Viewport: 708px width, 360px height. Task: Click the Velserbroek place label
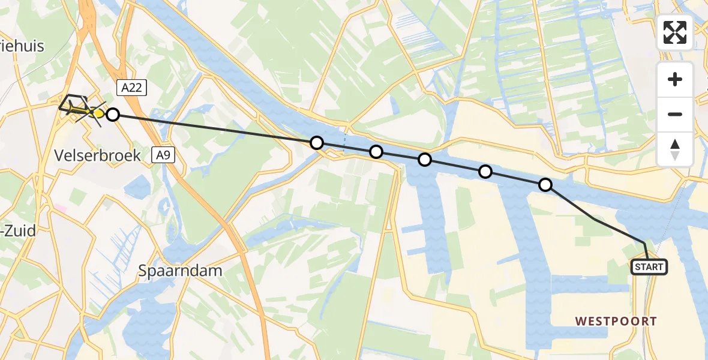pos(97,155)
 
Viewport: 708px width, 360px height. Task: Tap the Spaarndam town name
pos(181,271)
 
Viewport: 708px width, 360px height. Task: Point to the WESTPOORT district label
pos(616,322)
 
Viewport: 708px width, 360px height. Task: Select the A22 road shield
pos(131,88)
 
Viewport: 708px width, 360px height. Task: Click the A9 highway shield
pos(164,155)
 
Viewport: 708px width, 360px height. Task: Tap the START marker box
pos(649,266)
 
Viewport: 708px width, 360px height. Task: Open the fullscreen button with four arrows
pos(675,32)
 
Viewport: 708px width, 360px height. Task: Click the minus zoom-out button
pos(675,114)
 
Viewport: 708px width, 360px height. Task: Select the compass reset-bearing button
pos(675,149)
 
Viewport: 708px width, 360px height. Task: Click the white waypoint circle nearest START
pos(545,185)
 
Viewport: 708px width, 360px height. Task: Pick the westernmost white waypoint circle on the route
pos(113,114)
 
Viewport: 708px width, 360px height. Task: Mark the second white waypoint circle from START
pos(485,172)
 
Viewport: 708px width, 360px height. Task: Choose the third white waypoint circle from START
pos(425,160)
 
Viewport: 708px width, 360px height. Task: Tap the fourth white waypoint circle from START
pos(376,152)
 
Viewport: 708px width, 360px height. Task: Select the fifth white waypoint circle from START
pos(316,143)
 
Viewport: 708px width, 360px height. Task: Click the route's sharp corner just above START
pos(645,243)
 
